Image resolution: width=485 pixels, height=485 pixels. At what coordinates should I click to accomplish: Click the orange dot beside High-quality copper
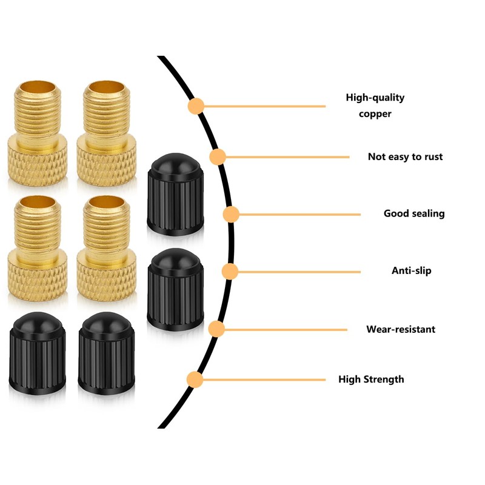pos(195,107)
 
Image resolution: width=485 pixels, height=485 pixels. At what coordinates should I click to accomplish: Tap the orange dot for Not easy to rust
pos(218,157)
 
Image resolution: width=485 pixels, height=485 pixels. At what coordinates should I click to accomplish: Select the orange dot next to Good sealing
pos(231,214)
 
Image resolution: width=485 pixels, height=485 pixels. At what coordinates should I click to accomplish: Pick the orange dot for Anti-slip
pos(229,271)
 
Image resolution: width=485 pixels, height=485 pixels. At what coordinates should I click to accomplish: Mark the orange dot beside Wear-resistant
pos(216,329)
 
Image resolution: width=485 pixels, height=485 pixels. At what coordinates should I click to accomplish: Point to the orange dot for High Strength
pos(195,380)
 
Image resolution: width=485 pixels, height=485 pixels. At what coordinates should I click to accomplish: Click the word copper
pos(375,113)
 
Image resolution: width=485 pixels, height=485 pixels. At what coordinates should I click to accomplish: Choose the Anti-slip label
pos(411,270)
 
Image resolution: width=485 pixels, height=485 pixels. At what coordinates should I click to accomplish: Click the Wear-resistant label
pos(400,329)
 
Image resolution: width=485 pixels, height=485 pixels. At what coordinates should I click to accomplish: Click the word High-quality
pos(375,97)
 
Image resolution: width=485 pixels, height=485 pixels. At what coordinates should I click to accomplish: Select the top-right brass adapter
pos(106,133)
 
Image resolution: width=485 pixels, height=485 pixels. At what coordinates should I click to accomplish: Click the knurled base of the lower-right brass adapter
pos(106,276)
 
